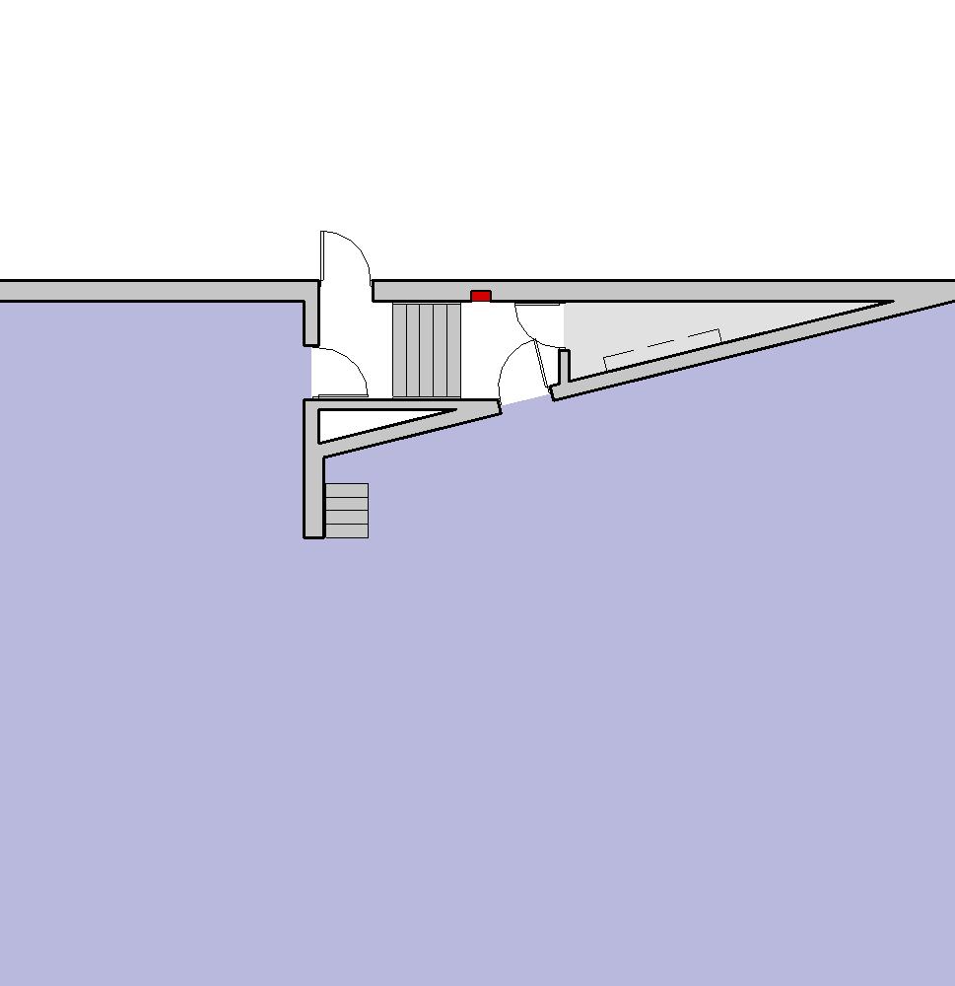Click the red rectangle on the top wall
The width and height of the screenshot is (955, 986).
click(481, 296)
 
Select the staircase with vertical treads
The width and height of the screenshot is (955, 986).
click(427, 350)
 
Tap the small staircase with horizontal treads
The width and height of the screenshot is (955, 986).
click(347, 511)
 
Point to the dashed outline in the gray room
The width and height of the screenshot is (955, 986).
click(660, 345)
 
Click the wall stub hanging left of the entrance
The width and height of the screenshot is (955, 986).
click(311, 320)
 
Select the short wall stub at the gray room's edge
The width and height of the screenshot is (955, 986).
click(564, 365)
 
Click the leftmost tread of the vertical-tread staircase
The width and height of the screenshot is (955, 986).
click(399, 350)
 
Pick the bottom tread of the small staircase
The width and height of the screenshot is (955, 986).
click(347, 530)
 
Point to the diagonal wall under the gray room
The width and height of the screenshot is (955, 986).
click(749, 350)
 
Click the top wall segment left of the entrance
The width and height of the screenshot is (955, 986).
click(148, 291)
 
